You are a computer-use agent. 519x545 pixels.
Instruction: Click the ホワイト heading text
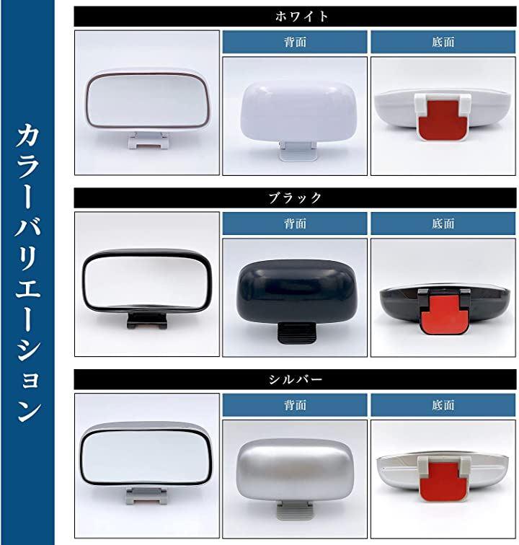[x=301, y=17]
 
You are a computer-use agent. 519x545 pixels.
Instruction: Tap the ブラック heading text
[x=295, y=198]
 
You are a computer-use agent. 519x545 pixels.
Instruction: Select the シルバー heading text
[x=295, y=379]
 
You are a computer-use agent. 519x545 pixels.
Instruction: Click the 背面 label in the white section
[x=295, y=42]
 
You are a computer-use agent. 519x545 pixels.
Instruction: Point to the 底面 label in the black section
[x=443, y=223]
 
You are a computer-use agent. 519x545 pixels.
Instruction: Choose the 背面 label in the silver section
[x=295, y=405]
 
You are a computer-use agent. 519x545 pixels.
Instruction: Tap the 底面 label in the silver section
[x=443, y=405]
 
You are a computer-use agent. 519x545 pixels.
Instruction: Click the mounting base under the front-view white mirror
[x=148, y=141]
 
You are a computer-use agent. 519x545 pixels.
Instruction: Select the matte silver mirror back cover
[x=295, y=470]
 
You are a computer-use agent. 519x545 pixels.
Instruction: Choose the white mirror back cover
[x=298, y=111]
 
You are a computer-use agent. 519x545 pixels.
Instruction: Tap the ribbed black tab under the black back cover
[x=296, y=333]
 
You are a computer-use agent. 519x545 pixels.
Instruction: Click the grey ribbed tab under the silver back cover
[x=295, y=510]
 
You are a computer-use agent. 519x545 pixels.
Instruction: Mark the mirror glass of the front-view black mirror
[x=146, y=280]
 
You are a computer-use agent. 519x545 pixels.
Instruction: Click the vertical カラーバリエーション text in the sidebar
[x=28, y=272]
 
